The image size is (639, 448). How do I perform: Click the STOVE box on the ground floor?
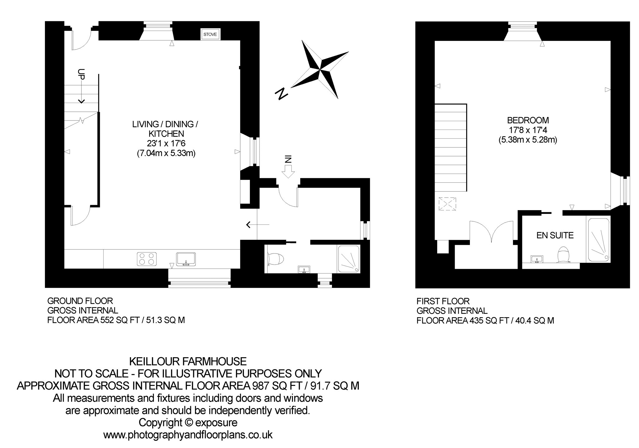210,34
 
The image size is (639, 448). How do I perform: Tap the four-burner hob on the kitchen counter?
147,259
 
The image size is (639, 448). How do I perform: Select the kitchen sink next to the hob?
186,259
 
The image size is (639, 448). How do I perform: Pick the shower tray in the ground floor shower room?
349,259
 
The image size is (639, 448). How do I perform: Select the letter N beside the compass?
282,93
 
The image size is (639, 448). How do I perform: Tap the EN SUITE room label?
555,235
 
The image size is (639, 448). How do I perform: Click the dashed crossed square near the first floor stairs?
447,204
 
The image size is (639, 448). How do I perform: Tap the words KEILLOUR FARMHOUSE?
188,362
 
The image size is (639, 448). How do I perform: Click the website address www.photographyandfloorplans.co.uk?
188,435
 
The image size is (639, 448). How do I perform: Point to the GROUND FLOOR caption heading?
80,301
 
